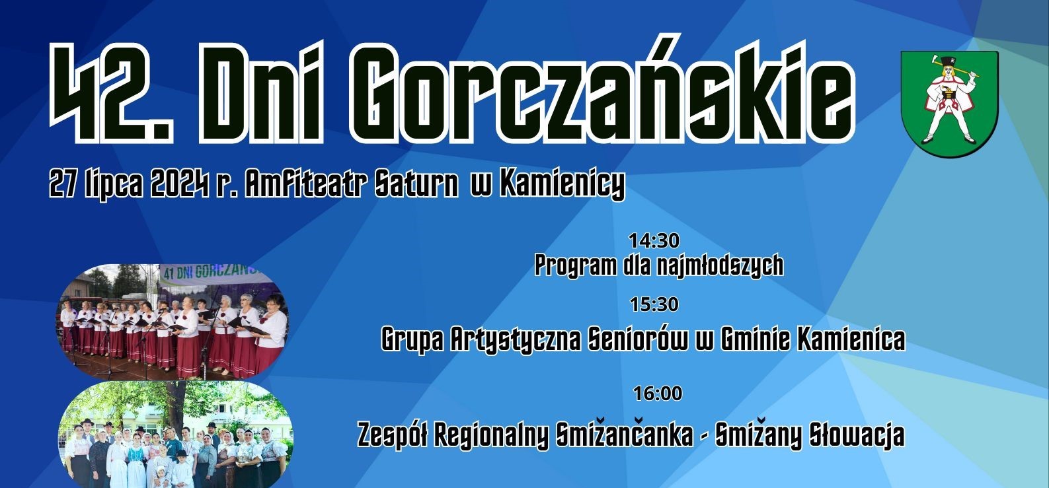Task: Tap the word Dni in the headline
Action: (261, 93)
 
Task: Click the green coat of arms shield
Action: (950, 104)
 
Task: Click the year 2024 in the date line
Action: (180, 183)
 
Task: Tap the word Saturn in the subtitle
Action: (416, 183)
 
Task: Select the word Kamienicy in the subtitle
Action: (562, 184)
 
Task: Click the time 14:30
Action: (654, 240)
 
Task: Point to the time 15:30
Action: (654, 304)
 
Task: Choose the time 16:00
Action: (658, 394)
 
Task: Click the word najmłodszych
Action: (720, 265)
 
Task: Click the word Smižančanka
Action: (624, 435)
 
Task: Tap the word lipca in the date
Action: (114, 184)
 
